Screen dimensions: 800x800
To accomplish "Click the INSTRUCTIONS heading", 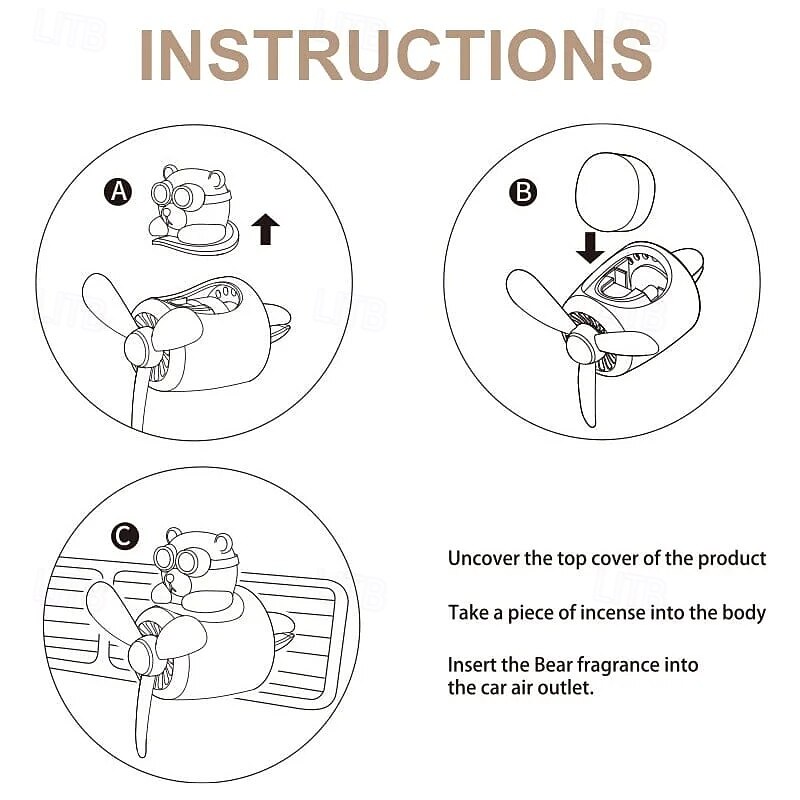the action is point(396,55).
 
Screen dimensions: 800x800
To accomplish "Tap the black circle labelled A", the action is point(118,192).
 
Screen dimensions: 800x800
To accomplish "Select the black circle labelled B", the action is point(523,192).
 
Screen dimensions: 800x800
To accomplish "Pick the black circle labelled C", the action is point(124,536).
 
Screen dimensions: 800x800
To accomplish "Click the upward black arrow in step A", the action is point(265,229).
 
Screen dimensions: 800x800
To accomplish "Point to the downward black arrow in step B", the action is point(590,247).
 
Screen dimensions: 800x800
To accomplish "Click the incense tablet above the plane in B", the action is point(615,192).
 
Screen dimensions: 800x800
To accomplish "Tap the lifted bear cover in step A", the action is point(194,209).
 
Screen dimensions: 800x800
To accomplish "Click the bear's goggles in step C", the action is point(177,560).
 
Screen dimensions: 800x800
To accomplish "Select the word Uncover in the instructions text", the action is point(483,558).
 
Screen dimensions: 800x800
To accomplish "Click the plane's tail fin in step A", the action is point(277,320).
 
